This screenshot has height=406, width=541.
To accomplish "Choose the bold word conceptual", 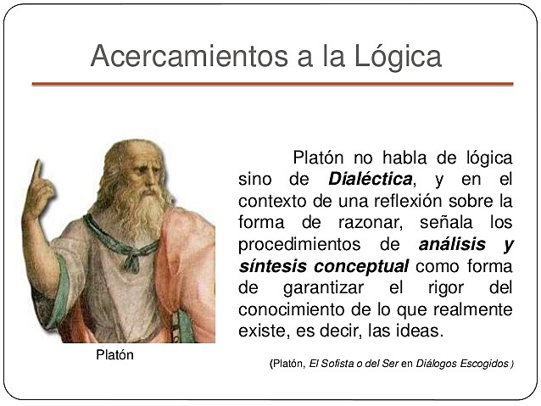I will tap(360, 266).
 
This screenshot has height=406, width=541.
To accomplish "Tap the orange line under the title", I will tap(272, 84).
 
